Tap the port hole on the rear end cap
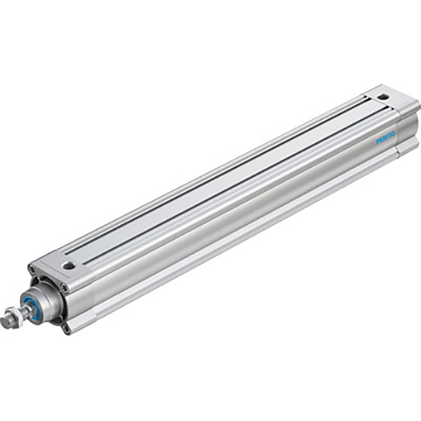[x=383, y=96]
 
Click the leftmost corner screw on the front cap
[x=31, y=272]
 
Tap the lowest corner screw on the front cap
[x=67, y=328]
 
